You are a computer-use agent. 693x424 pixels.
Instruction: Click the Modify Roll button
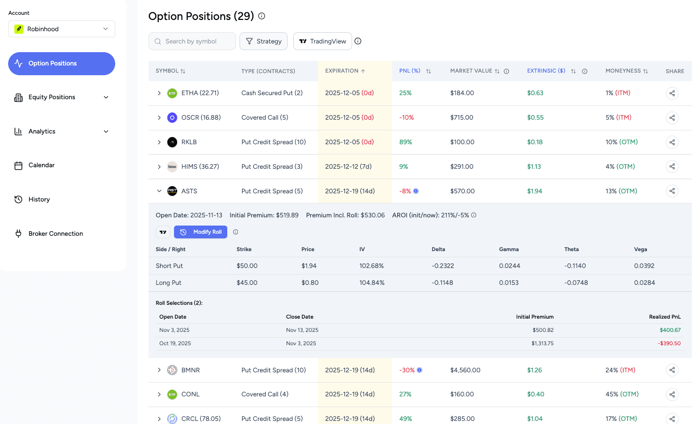[200, 232]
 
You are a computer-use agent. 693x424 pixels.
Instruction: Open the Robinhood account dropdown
[61, 29]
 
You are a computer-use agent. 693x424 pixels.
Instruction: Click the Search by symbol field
[192, 41]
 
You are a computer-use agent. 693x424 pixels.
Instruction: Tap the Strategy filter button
[264, 41]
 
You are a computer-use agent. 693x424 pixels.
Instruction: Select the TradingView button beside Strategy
[322, 41]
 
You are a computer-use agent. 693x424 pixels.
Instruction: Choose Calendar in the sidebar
[41, 165]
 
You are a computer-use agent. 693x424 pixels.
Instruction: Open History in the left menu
[39, 199]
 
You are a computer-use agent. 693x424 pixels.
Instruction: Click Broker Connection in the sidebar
[55, 234]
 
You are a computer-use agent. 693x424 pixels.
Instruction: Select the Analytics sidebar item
[42, 131]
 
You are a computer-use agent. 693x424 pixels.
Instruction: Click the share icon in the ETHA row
[672, 93]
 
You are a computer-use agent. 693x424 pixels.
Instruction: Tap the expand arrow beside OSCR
[159, 118]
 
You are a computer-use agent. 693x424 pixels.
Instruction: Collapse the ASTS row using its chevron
[159, 191]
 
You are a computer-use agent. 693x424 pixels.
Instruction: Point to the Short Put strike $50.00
[247, 266]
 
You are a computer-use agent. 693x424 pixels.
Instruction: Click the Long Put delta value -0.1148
[442, 283]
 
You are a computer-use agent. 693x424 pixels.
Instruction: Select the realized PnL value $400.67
[670, 330]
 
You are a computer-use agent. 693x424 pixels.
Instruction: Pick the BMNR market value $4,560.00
[465, 370]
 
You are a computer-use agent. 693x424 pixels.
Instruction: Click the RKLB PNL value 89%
[405, 142]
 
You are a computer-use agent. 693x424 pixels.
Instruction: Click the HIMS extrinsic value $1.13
[534, 167]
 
